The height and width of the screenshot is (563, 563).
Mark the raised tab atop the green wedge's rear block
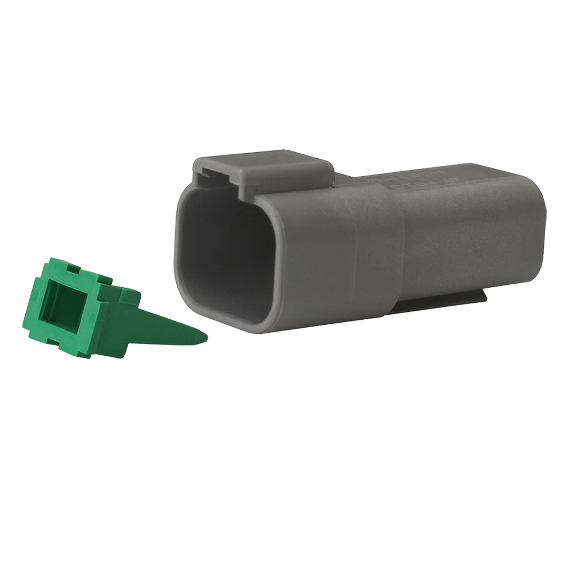(x=129, y=294)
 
